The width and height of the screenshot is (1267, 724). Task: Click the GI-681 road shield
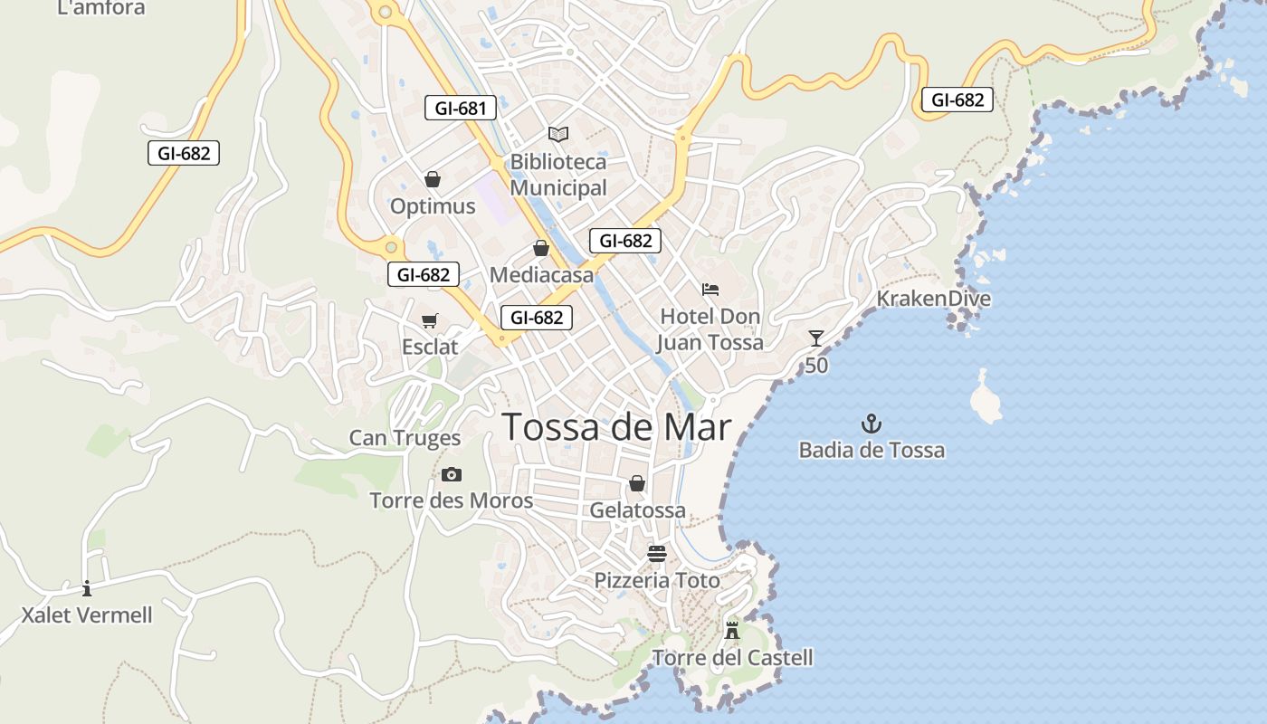(461, 109)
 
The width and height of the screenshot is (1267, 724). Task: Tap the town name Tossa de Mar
(616, 427)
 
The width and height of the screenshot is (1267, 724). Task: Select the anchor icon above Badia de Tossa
(871, 424)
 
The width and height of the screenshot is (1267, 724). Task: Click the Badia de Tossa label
(872, 450)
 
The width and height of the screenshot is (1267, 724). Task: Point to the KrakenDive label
(933, 299)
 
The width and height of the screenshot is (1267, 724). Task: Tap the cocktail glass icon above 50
(816, 339)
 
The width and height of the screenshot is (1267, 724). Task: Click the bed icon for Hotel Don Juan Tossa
(710, 290)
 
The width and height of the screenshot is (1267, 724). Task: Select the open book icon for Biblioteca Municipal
(558, 135)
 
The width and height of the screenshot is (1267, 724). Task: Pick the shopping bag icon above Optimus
(433, 180)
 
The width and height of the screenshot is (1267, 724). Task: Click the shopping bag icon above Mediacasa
(541, 248)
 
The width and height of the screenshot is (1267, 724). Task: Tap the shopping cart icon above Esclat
(430, 321)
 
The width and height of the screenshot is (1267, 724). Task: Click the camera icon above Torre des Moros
(452, 474)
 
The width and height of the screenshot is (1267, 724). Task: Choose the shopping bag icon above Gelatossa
(637, 483)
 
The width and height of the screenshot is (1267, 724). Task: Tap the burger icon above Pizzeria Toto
(657, 554)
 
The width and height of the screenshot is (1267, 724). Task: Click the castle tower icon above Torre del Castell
(732, 630)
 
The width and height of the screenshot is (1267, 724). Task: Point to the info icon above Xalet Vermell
(87, 588)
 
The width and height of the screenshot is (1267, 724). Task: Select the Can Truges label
(405, 438)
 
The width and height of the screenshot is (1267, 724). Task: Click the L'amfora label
(100, 8)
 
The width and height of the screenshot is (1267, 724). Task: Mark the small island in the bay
(986, 398)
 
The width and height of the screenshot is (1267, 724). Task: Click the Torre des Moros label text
(451, 500)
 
